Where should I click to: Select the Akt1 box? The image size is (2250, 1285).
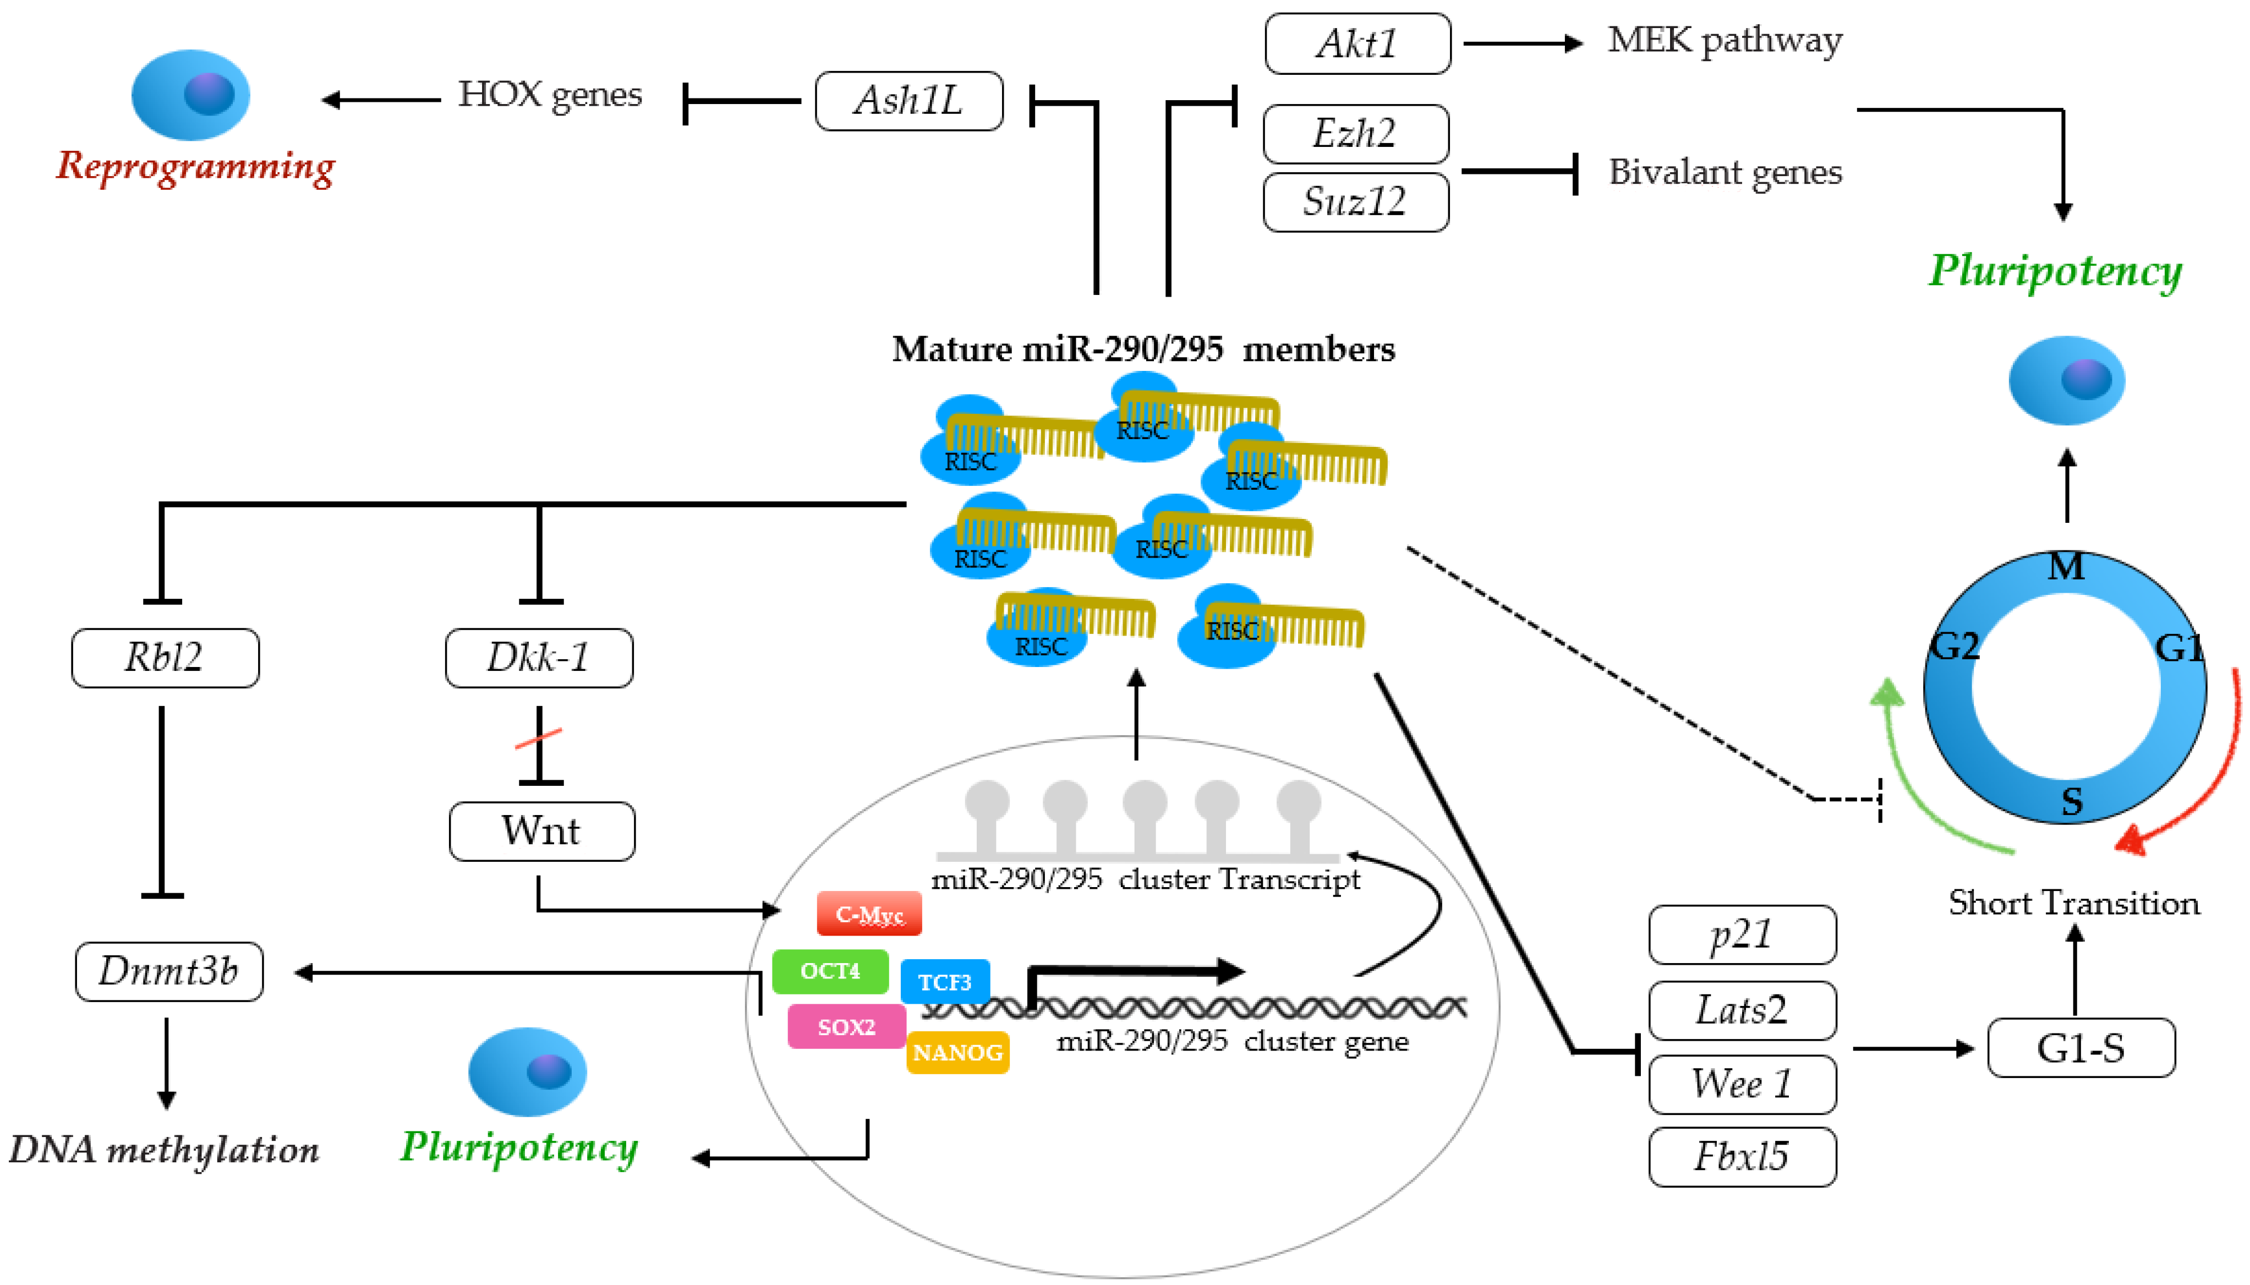coord(1356,43)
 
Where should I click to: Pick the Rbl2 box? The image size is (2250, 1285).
coord(165,658)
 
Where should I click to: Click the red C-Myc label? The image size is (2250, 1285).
coord(869,914)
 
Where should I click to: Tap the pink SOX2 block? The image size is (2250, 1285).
coord(846,1026)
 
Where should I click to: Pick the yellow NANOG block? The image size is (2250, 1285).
coord(957,1052)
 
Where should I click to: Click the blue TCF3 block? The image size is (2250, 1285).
coord(944,981)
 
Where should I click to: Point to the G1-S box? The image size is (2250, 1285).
coord(2080,1048)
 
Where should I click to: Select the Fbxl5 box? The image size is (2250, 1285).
coord(1741,1156)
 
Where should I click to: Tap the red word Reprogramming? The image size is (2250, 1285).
coord(195,166)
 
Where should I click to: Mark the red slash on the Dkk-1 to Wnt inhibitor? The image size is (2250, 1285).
coord(538,738)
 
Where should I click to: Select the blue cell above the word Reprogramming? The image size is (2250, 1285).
coord(190,95)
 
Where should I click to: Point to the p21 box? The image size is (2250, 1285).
coord(1741,934)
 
